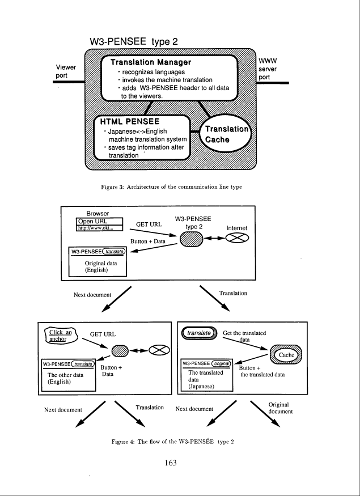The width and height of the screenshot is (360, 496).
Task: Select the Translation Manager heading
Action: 151,62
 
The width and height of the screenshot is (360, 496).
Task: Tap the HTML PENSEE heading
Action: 130,121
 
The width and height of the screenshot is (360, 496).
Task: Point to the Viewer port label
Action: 66,71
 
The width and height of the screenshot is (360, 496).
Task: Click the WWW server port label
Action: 268,69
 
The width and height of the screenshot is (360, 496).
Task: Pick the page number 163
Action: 171,463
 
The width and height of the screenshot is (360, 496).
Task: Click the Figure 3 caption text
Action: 171,187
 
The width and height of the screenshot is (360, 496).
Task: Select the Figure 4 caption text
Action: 172,442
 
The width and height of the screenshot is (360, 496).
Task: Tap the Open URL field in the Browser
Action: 99,222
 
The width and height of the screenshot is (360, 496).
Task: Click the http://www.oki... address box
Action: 99,228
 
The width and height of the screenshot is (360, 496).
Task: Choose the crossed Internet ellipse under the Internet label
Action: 237,238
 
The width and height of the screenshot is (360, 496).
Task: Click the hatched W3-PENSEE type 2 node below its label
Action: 192,239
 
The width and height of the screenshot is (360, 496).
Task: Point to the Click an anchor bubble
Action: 62,336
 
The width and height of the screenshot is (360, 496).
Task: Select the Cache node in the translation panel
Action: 286,355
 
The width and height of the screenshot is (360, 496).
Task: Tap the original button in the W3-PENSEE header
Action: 221,363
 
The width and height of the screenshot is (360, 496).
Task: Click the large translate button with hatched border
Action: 200,333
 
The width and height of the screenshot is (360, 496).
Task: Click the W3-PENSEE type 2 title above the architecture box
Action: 134,41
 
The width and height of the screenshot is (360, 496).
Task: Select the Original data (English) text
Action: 100,266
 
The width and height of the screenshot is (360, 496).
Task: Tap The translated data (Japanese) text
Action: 206,379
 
